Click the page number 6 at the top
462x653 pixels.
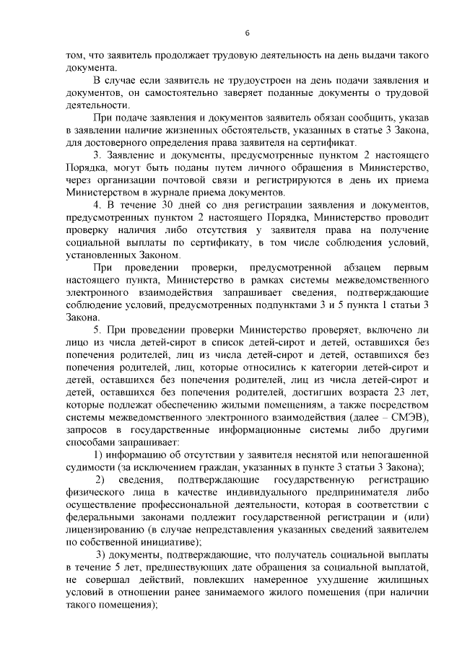[246, 33]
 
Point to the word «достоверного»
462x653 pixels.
[109, 141]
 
